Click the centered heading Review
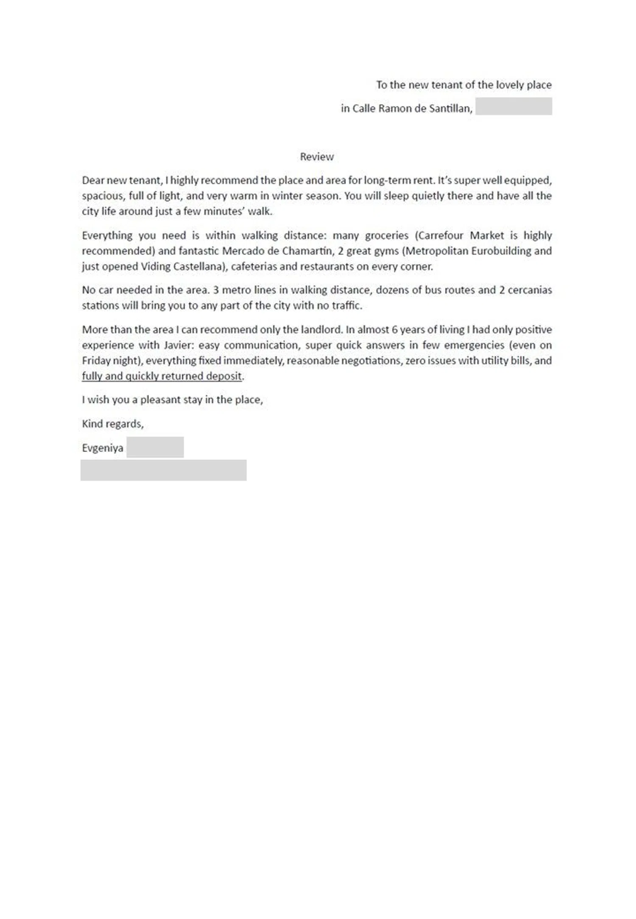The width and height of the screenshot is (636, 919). coord(317,157)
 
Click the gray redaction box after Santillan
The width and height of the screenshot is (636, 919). coord(513,106)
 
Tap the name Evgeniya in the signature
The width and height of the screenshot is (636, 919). coord(103,448)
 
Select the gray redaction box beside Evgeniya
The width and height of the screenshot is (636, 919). coord(155,447)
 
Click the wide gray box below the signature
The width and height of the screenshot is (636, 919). coord(163,470)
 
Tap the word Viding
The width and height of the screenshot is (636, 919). coord(156,267)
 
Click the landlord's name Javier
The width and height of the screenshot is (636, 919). coord(179,345)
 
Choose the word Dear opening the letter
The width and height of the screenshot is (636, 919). coord(93,181)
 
